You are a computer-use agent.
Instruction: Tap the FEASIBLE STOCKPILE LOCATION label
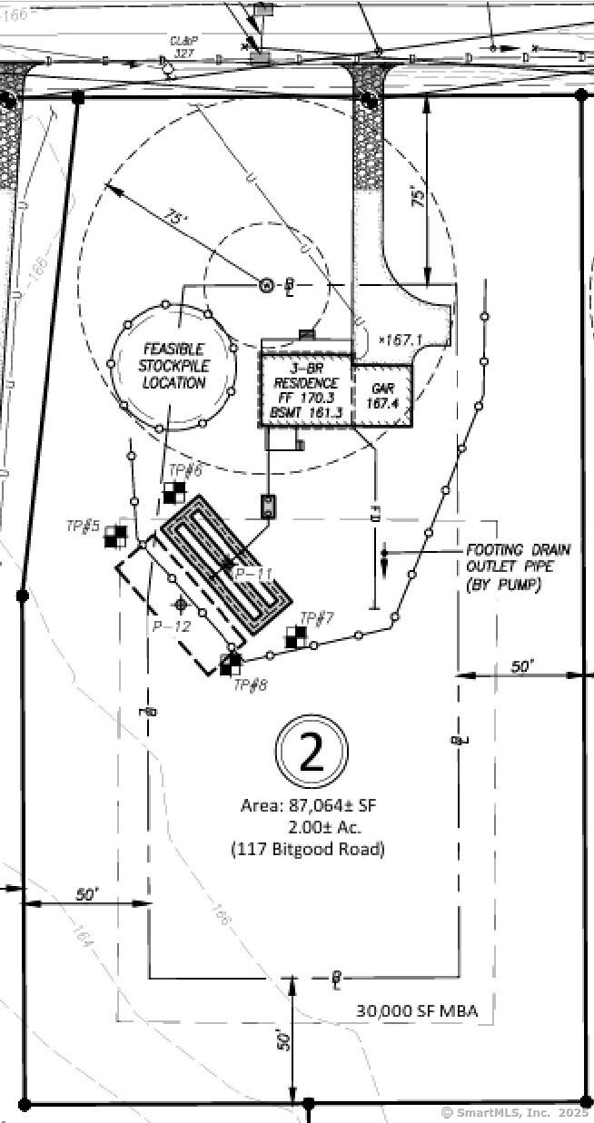(173, 366)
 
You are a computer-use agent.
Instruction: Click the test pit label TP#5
(83, 526)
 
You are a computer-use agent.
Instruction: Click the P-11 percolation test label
(253, 574)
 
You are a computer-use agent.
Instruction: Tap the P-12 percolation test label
(171, 626)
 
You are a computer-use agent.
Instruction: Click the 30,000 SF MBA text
(416, 1010)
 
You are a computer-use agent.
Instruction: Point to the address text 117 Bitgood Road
(308, 850)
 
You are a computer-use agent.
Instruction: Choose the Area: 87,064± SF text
(311, 805)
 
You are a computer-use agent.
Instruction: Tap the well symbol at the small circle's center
(267, 286)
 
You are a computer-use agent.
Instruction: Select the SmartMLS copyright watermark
(514, 1112)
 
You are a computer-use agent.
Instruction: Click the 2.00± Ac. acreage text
(324, 827)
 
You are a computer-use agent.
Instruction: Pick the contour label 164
(80, 941)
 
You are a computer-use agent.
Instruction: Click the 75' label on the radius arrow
(175, 219)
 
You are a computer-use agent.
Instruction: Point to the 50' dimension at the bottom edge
(283, 1039)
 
